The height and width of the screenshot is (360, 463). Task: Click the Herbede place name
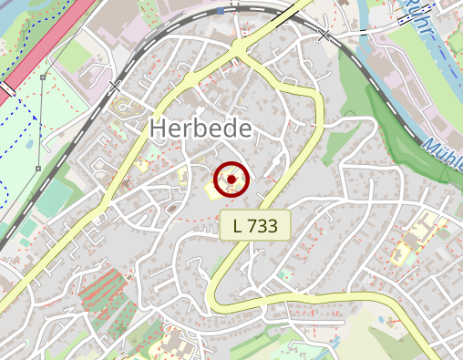[x=200, y=129]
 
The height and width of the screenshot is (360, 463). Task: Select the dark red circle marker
[x=231, y=180]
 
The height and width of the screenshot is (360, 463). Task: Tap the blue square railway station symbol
[x=221, y=11]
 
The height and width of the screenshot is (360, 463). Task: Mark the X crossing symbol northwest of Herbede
[x=115, y=87]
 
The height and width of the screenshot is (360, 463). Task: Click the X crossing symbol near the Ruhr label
[x=324, y=36]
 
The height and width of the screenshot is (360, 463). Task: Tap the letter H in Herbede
[x=157, y=129]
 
